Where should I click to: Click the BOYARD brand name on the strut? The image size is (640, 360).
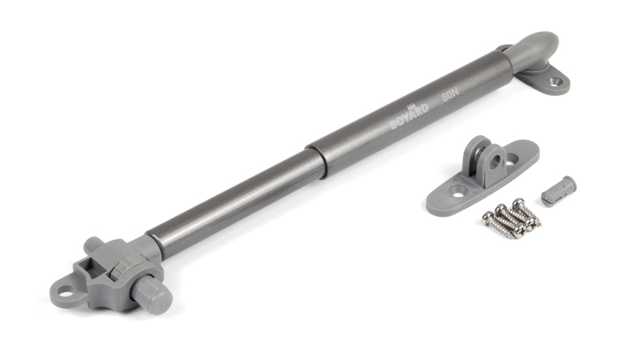pos(410,117)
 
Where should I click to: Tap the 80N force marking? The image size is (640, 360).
pos(450,95)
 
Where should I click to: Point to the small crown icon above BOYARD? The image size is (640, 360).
pos(411,107)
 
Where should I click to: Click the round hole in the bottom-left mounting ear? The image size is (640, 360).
pos(65,291)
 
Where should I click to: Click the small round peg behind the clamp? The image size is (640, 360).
pos(92,244)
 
